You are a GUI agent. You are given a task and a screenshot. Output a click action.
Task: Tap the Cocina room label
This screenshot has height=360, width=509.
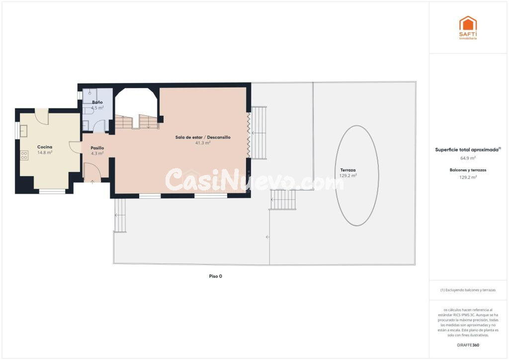coord(45,147)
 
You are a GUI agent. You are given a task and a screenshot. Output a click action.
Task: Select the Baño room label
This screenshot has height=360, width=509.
coord(97,102)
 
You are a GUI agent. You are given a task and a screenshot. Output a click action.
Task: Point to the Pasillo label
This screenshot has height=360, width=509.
coord(97,148)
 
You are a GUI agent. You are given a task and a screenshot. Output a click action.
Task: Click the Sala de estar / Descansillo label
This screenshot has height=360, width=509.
coord(203,137)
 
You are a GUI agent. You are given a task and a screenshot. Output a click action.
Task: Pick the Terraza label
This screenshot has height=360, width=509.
coord(348,170)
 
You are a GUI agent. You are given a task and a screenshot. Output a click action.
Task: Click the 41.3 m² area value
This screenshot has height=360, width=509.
coord(203,143)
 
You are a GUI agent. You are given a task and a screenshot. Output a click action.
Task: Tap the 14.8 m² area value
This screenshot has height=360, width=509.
coord(45,153)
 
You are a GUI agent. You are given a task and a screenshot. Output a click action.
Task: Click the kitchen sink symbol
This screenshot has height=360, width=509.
coord(23,131)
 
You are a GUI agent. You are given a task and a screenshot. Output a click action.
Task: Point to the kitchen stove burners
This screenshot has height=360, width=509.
coord(24,156)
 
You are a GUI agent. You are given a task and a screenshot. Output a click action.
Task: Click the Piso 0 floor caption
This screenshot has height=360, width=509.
coord(216,276)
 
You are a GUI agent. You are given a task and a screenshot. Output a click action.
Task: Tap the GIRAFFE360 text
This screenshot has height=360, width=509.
coord(468,345)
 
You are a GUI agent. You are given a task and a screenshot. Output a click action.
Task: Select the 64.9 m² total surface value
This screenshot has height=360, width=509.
coord(468,159)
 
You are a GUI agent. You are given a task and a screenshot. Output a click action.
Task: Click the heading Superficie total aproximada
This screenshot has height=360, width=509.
coord(467,150)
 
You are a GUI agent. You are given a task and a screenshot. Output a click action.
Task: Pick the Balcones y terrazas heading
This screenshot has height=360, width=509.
coord(468,170)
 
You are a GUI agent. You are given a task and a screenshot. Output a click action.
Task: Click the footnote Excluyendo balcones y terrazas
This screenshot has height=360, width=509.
coord(468,290)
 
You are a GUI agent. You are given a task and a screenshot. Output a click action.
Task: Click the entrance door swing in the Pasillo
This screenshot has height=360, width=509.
coord(92,171)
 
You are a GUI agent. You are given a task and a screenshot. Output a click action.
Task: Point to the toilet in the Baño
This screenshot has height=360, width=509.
coord(88,111)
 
